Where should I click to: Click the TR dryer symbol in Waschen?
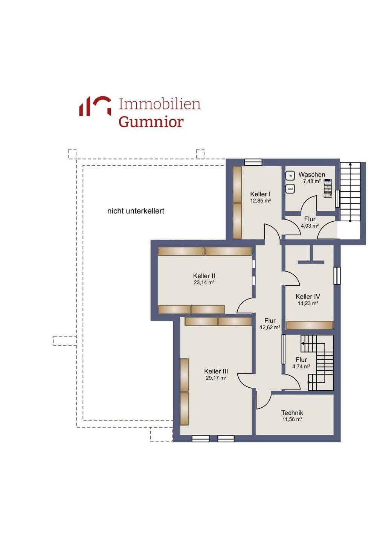click(x=290, y=176)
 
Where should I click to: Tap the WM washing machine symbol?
click(x=290, y=189)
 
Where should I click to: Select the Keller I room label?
click(x=260, y=194)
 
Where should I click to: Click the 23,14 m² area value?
click(x=204, y=282)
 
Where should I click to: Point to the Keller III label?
click(x=216, y=371)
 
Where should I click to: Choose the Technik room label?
click(x=292, y=413)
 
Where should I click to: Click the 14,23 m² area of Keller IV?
click(x=308, y=303)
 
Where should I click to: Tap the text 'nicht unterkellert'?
click(x=136, y=211)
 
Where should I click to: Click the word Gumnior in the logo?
click(x=151, y=122)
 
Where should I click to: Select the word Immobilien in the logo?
click(x=160, y=104)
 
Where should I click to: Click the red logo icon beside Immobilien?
click(x=95, y=106)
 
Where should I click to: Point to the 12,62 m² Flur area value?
click(x=270, y=327)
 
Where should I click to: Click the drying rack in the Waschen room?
click(x=328, y=188)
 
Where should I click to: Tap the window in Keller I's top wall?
click(x=253, y=162)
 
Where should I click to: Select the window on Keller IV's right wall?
click(x=337, y=276)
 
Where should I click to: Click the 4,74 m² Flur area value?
click(x=301, y=367)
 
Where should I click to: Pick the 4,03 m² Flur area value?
click(x=310, y=226)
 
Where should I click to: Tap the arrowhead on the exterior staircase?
click(x=350, y=164)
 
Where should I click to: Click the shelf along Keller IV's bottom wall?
click(x=310, y=325)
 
